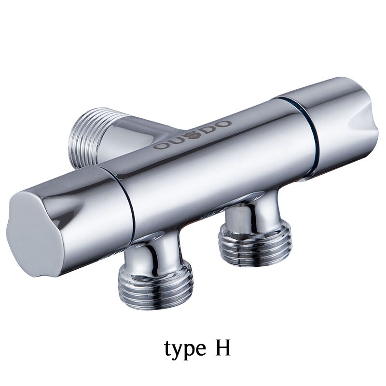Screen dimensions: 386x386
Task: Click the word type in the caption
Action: coord(185,349)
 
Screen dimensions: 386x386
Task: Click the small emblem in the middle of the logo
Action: coord(191,136)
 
